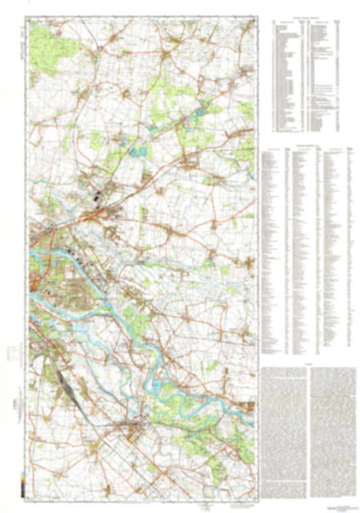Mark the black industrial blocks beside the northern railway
[x=100, y=196]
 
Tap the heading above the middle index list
[x=307, y=146]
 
